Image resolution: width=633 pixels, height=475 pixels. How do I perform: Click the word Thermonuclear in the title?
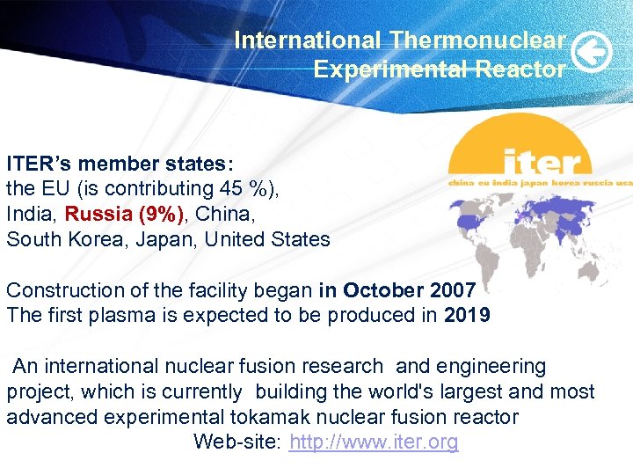(478, 40)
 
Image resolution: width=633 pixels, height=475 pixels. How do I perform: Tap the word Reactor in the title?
(520, 69)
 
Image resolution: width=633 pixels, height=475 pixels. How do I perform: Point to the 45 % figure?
(250, 188)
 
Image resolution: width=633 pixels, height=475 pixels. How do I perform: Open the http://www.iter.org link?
(374, 442)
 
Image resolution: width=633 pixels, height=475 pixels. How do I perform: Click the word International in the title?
(307, 40)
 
